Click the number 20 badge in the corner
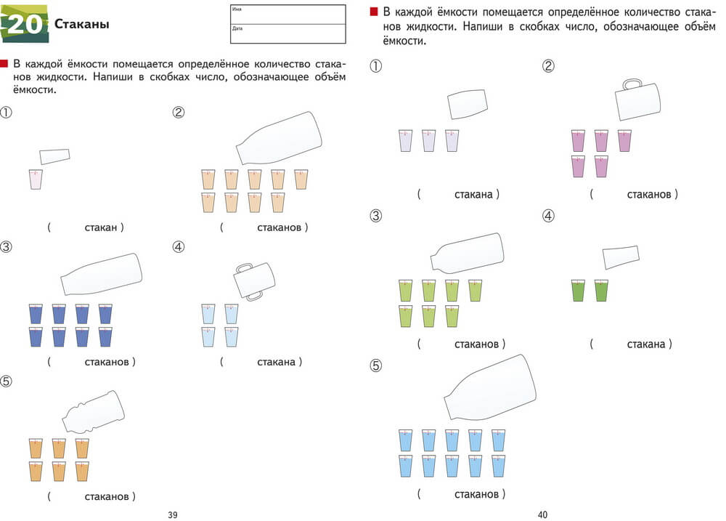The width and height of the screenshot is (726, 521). pos(25,24)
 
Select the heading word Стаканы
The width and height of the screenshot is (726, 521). pos(81,25)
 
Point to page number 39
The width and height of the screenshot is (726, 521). pos(173,514)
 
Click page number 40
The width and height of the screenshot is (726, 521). pos(542,514)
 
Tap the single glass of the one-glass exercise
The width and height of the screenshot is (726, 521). pos(36,179)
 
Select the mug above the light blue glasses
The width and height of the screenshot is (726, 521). pos(253,280)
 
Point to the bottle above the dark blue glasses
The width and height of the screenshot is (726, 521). pos(102,275)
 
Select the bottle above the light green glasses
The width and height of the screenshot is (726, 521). pos(468,253)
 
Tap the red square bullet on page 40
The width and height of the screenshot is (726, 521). pos(374,12)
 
